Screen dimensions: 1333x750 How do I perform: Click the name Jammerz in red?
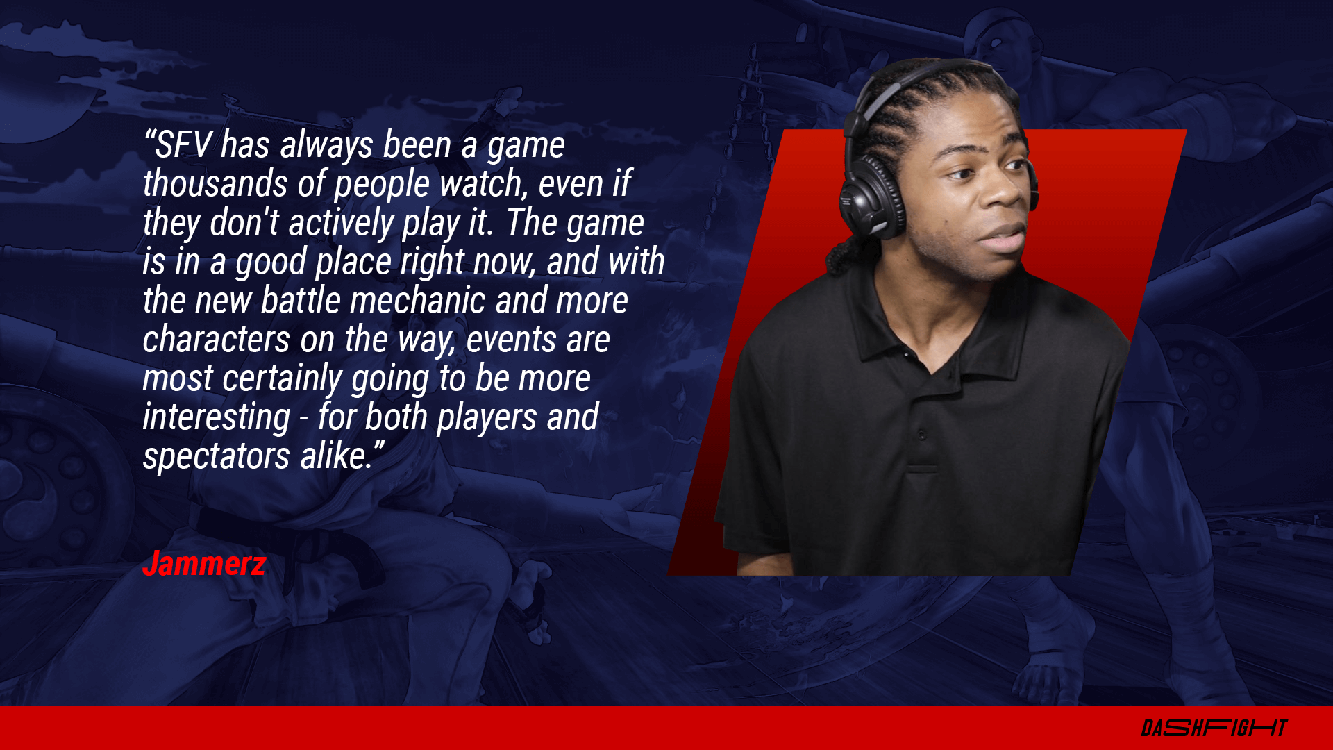204,563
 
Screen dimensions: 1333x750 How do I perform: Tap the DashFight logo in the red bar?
1214,728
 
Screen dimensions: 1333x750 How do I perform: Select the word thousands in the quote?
215,184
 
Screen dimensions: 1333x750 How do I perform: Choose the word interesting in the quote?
217,418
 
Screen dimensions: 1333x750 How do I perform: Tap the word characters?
217,340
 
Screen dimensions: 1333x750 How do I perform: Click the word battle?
301,301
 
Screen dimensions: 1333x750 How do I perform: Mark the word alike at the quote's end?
337,456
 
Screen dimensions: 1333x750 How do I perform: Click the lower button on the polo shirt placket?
922,435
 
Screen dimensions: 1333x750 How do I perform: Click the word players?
487,418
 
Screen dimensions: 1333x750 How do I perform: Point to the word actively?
341,224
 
